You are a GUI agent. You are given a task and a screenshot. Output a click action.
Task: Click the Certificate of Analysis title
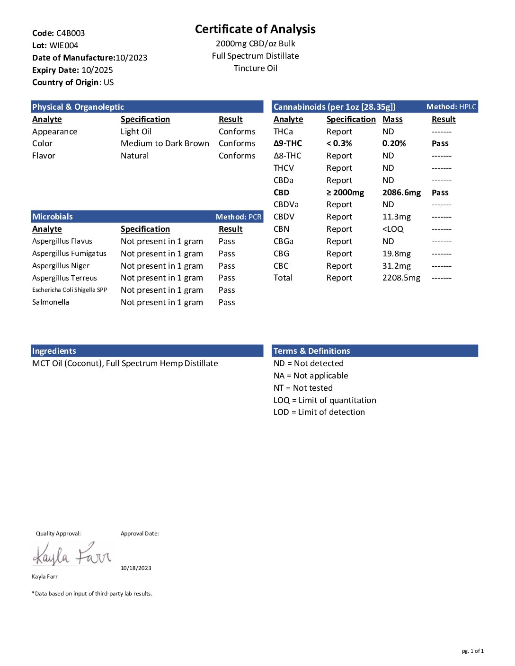(x=255, y=29)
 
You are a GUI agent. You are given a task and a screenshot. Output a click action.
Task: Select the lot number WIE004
(x=64, y=45)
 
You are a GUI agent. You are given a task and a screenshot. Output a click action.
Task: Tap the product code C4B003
(x=71, y=33)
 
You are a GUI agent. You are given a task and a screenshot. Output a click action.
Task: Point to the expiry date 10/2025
(x=97, y=70)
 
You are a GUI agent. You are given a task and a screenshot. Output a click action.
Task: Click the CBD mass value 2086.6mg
(x=401, y=193)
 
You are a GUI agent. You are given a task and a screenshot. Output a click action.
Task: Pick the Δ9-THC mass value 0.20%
(x=394, y=143)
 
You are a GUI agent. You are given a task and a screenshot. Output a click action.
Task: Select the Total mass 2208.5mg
(x=401, y=278)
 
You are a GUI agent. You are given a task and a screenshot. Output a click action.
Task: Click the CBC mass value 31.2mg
(x=396, y=266)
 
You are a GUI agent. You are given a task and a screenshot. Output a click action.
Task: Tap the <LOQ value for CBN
(x=393, y=229)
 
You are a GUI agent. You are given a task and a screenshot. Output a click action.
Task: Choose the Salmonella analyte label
(x=51, y=302)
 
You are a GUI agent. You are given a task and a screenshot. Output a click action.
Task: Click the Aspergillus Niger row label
(x=61, y=266)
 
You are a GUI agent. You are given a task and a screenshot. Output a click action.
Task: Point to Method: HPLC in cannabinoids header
(x=451, y=107)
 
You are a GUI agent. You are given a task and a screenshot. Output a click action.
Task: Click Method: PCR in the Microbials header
(x=239, y=217)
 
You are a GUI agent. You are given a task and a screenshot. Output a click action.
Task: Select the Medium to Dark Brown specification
(x=165, y=143)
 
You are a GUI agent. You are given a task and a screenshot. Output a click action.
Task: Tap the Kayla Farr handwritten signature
(x=72, y=554)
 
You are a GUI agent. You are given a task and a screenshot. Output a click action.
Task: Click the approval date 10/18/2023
(x=136, y=568)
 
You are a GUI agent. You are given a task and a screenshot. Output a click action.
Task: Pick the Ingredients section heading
(x=54, y=351)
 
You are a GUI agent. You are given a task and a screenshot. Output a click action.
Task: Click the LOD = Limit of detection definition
(x=319, y=412)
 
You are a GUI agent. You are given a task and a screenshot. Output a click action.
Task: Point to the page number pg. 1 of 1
(x=472, y=651)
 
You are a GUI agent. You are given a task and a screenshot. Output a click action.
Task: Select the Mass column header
(x=392, y=119)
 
